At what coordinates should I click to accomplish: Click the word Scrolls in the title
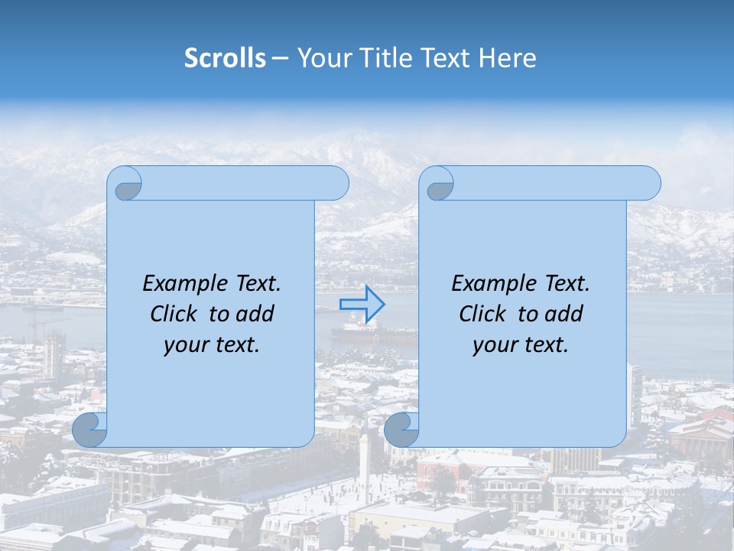(x=226, y=58)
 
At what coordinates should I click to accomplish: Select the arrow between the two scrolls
(x=362, y=305)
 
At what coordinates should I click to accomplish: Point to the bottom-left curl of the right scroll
(x=401, y=430)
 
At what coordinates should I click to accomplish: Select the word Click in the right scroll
(x=482, y=314)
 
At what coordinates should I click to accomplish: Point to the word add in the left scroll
(x=255, y=314)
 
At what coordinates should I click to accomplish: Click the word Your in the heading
(x=321, y=58)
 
